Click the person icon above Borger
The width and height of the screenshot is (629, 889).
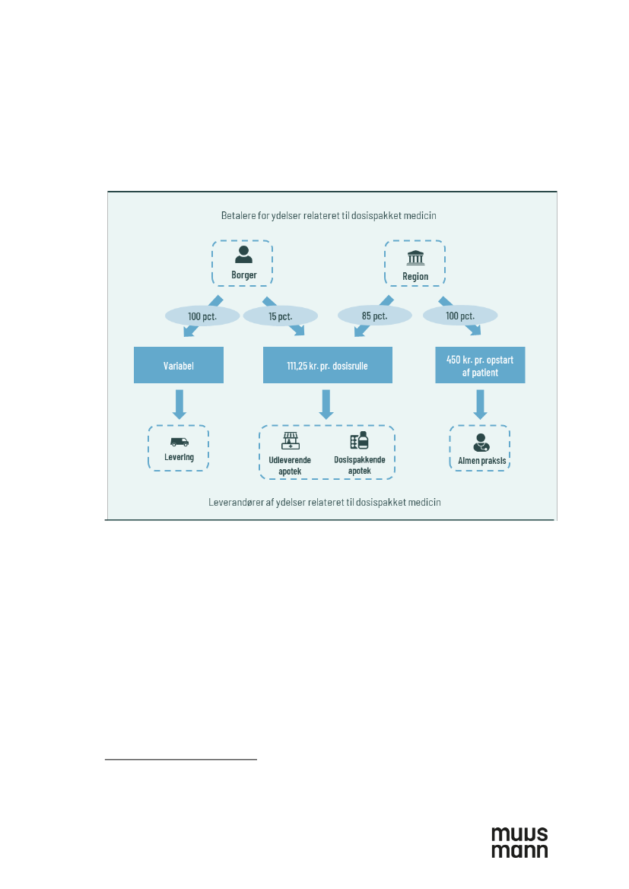tap(243, 255)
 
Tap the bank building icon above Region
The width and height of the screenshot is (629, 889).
tap(415, 258)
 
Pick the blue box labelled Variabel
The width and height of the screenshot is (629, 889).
tap(179, 365)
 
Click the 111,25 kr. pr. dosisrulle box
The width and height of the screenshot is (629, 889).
tap(327, 365)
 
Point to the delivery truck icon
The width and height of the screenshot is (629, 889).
tap(179, 442)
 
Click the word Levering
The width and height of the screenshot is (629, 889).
tap(179, 457)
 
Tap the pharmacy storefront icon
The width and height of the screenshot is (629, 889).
tap(291, 441)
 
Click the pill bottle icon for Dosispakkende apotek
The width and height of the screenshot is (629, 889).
tap(359, 441)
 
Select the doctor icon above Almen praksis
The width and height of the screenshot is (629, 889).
tap(480, 442)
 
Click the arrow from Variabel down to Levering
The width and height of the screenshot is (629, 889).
tap(179, 403)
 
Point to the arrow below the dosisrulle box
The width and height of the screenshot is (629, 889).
tap(327, 403)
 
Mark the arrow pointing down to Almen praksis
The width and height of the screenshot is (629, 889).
tap(480, 403)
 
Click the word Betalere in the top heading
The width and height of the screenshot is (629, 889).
tap(235, 216)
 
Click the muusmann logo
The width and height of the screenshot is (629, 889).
tap(519, 842)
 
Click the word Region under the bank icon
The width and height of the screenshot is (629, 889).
tap(415, 276)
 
